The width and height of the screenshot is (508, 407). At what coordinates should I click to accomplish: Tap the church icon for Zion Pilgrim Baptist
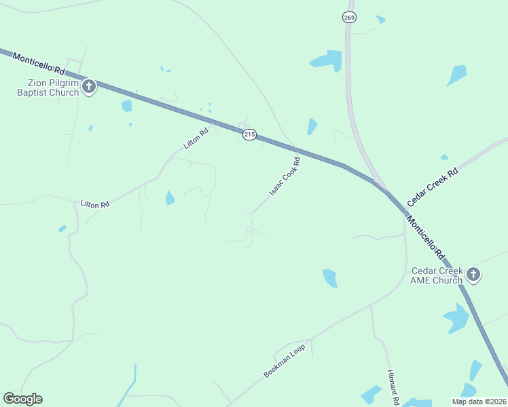pos(89,87)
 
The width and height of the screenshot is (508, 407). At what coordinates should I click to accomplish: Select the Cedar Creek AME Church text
pos(437,275)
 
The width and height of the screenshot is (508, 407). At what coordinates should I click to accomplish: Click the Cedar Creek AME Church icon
pos(473,275)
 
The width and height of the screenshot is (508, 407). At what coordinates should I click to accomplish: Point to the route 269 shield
pos(349,18)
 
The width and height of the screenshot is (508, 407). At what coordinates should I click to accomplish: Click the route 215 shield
pos(249,135)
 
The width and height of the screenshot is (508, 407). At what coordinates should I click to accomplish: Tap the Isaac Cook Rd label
pos(285,177)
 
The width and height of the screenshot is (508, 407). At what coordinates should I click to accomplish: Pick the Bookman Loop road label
pos(285,360)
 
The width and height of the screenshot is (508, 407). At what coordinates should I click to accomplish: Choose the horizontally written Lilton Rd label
pos(94,203)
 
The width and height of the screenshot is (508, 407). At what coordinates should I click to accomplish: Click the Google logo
pos(22,399)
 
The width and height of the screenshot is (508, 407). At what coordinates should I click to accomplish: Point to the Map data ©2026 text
pos(479,402)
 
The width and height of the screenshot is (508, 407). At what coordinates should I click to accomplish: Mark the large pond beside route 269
pos(327,60)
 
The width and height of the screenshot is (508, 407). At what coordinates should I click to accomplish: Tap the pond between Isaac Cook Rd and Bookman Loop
pos(330,278)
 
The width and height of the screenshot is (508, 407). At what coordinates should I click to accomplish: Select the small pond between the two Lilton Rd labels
pos(169,198)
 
